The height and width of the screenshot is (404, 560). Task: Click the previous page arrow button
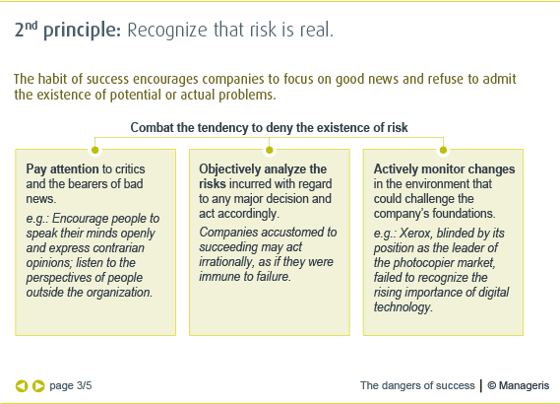point(21,385)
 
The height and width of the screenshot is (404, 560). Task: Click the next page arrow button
point(38,385)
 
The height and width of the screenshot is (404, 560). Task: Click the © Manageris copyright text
point(519,385)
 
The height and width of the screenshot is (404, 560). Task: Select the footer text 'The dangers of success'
point(416,385)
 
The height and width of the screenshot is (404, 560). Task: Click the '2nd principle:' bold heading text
point(67,31)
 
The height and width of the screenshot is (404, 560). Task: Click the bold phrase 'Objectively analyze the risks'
point(262,176)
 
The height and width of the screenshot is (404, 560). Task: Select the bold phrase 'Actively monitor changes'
point(444,169)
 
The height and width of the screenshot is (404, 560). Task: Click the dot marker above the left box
point(95,150)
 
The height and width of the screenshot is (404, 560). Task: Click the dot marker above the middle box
point(269,150)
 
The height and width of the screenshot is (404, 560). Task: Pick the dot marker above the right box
point(443,150)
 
